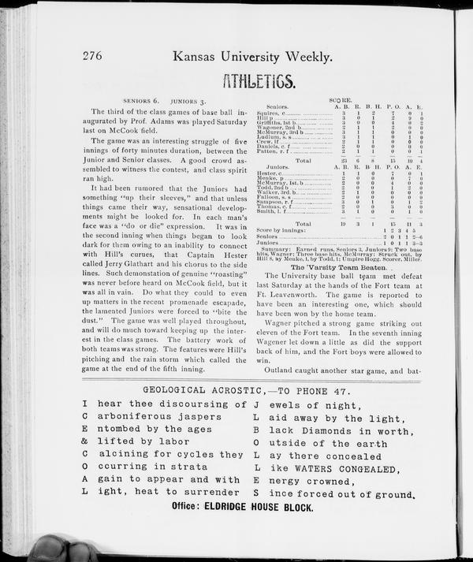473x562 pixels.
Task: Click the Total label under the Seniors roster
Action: click(303, 160)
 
